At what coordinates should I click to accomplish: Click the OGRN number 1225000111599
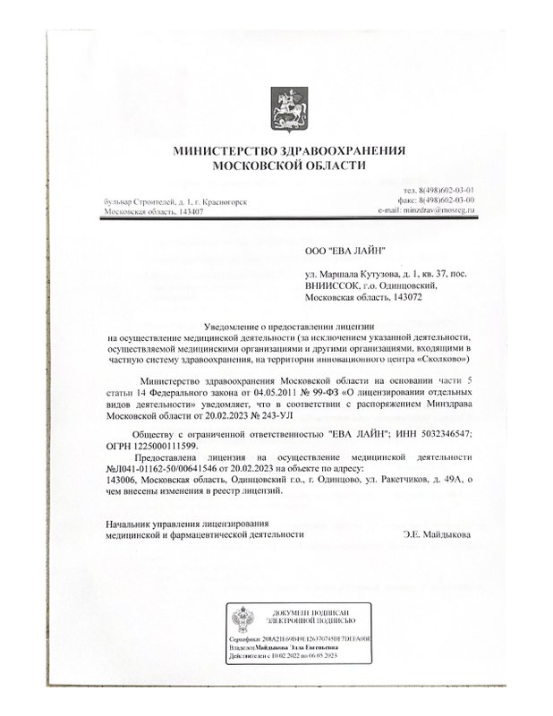click(169, 444)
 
